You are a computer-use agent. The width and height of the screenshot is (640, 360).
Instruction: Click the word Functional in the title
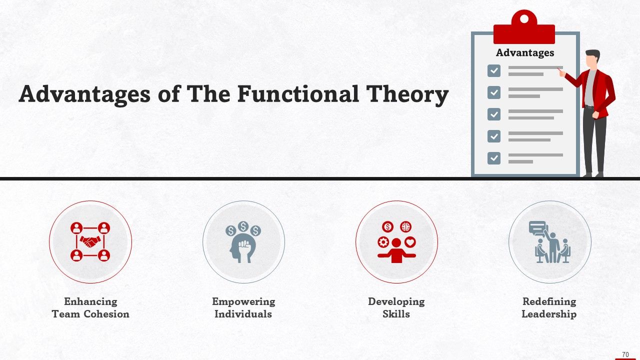298,94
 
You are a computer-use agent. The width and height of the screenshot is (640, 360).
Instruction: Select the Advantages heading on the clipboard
525,52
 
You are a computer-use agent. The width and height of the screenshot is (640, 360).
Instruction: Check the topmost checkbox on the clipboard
494,70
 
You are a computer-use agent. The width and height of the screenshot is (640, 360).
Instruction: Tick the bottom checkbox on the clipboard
494,158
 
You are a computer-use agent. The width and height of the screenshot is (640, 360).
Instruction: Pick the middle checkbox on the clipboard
494,114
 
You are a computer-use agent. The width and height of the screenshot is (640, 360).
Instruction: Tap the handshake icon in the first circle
90,242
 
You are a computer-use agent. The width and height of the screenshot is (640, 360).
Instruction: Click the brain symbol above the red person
405,227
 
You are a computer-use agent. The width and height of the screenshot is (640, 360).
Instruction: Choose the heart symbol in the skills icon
410,242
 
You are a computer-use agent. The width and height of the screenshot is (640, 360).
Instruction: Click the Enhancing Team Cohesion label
90,307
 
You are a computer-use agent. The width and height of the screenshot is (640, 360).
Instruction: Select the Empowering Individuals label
243,307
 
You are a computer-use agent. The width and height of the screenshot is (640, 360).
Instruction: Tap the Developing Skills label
396,307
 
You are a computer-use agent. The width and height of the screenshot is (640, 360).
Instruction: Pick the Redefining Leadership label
549,307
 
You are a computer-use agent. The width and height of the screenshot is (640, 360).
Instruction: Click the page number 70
625,354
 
